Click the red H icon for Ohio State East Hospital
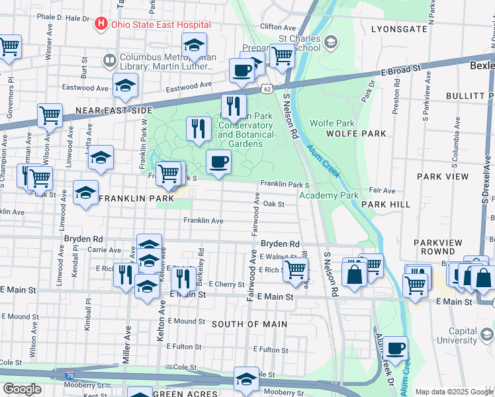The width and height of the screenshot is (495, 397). click(101, 25)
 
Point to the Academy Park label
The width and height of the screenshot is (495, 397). click(328, 195)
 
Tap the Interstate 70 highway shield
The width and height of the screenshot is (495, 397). click(69, 376)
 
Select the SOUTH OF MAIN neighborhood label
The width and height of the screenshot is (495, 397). click(249, 324)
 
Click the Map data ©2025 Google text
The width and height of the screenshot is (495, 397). click(454, 392)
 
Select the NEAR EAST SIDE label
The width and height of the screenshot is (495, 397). click(110, 111)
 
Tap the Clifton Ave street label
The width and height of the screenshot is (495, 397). click(276, 26)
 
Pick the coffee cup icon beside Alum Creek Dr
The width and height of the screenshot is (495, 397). click(396, 349)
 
